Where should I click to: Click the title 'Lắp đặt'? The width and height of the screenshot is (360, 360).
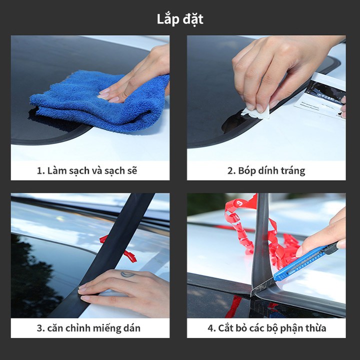180,19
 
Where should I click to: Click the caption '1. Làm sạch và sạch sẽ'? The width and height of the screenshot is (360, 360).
87,171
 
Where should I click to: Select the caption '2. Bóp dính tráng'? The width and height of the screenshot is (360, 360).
266,171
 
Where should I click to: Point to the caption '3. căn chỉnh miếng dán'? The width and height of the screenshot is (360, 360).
88,328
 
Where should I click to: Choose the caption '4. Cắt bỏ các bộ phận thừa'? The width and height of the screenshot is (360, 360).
267,328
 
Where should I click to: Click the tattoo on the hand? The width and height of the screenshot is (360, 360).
127,274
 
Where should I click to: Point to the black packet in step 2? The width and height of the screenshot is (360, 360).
326,92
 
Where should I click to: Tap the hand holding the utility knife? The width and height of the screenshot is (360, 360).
323,234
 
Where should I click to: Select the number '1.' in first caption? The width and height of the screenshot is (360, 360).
40,171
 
